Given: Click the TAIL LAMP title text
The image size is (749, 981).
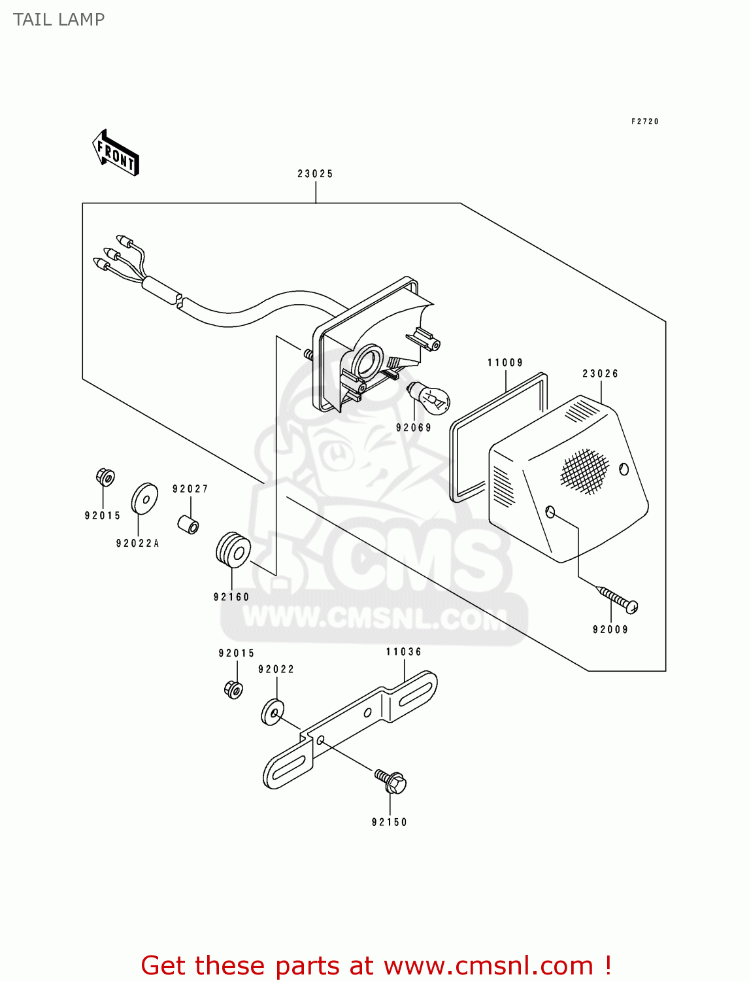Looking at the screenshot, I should tap(59, 20).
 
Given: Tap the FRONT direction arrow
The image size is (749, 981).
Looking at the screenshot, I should tap(116, 154).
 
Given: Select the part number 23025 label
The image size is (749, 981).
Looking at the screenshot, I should tap(315, 174).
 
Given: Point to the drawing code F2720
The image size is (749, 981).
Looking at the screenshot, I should tap(644, 122).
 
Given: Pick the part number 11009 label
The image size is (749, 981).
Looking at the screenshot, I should tap(505, 363).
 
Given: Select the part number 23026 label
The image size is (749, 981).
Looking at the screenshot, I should tap(600, 374).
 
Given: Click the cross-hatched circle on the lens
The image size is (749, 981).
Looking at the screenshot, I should tap(584, 471).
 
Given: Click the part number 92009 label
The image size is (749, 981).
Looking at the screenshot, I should tap(610, 630).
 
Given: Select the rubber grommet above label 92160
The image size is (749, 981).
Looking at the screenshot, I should tap(233, 550).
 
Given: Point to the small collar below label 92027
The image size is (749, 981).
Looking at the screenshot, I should tap(189, 524).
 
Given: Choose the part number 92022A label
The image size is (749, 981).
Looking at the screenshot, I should tap(138, 543).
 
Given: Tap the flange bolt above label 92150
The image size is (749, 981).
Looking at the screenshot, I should tap(391, 781).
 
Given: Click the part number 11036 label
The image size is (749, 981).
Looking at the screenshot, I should tap(404, 652).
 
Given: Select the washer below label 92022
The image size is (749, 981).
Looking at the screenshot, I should tap(272, 712).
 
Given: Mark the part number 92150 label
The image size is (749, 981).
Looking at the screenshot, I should tap(390, 823).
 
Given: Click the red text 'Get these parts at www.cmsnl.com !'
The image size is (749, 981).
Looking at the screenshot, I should tap(376, 965).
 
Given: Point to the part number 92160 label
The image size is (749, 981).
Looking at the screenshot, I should tap(231, 597).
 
